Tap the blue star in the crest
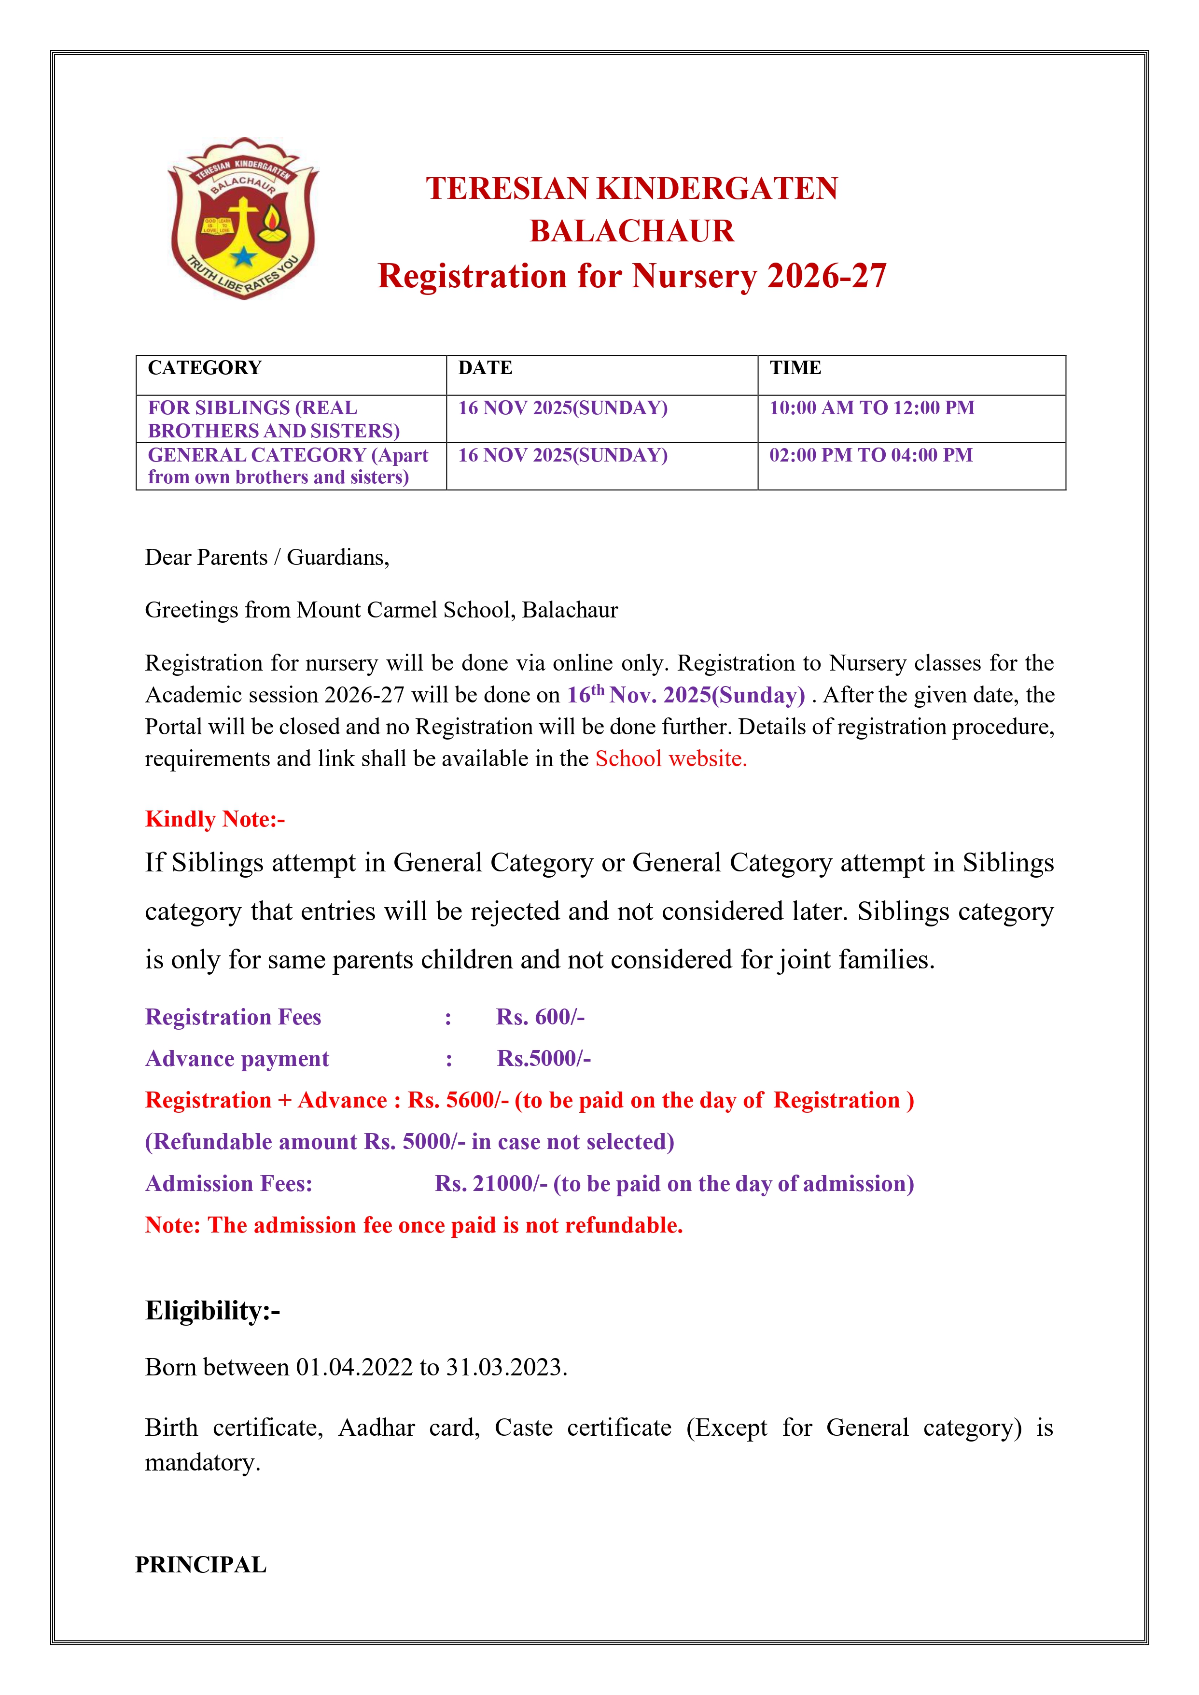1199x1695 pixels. [244, 257]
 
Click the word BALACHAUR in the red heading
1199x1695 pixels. [632, 232]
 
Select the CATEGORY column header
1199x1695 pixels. [205, 368]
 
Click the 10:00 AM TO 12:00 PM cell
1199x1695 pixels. [872, 408]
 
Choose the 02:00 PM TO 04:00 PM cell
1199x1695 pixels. [871, 456]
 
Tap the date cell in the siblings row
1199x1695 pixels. [563, 408]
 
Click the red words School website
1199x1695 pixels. [671, 759]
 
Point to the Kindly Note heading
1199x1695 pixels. [215, 819]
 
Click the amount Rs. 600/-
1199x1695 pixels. [541, 1017]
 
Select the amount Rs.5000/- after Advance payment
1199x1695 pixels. [544, 1059]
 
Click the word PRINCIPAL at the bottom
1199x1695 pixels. [201, 1565]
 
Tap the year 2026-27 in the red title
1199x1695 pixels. [827, 276]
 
